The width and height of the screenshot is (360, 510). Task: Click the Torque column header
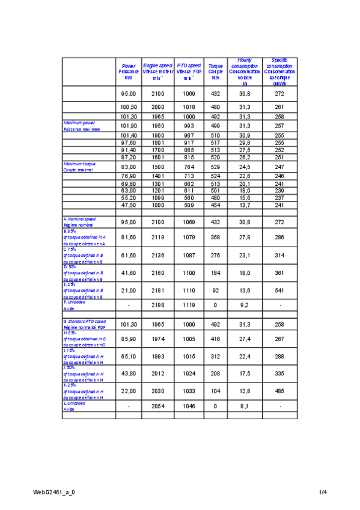(215, 71)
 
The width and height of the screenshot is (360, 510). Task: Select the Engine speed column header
(158, 71)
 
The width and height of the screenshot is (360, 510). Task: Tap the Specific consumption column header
(279, 72)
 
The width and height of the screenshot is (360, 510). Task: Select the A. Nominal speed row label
(80, 222)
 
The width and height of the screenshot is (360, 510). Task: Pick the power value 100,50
(129, 106)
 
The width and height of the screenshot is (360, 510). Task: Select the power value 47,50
(129, 205)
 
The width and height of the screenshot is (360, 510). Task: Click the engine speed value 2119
(158, 238)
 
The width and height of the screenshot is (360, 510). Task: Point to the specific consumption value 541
(279, 290)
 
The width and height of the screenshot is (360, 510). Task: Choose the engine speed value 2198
(158, 306)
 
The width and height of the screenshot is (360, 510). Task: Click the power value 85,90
(129, 340)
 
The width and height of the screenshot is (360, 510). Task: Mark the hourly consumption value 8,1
(245, 407)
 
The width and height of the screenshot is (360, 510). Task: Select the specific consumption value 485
(279, 391)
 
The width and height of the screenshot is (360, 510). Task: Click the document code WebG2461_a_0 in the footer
(54, 493)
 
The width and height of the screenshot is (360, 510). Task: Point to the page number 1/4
(323, 493)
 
